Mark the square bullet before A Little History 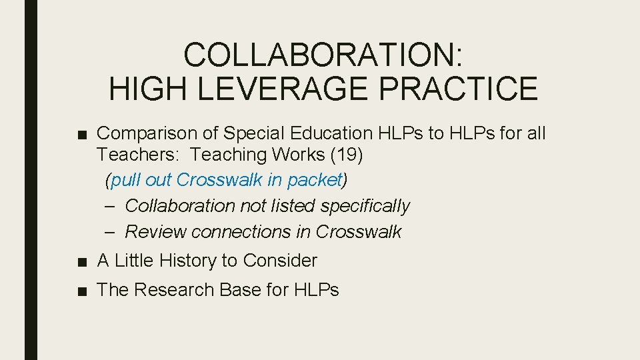pos(81,261)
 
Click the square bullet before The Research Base pos(81,291)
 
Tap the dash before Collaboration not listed pos(111,206)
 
